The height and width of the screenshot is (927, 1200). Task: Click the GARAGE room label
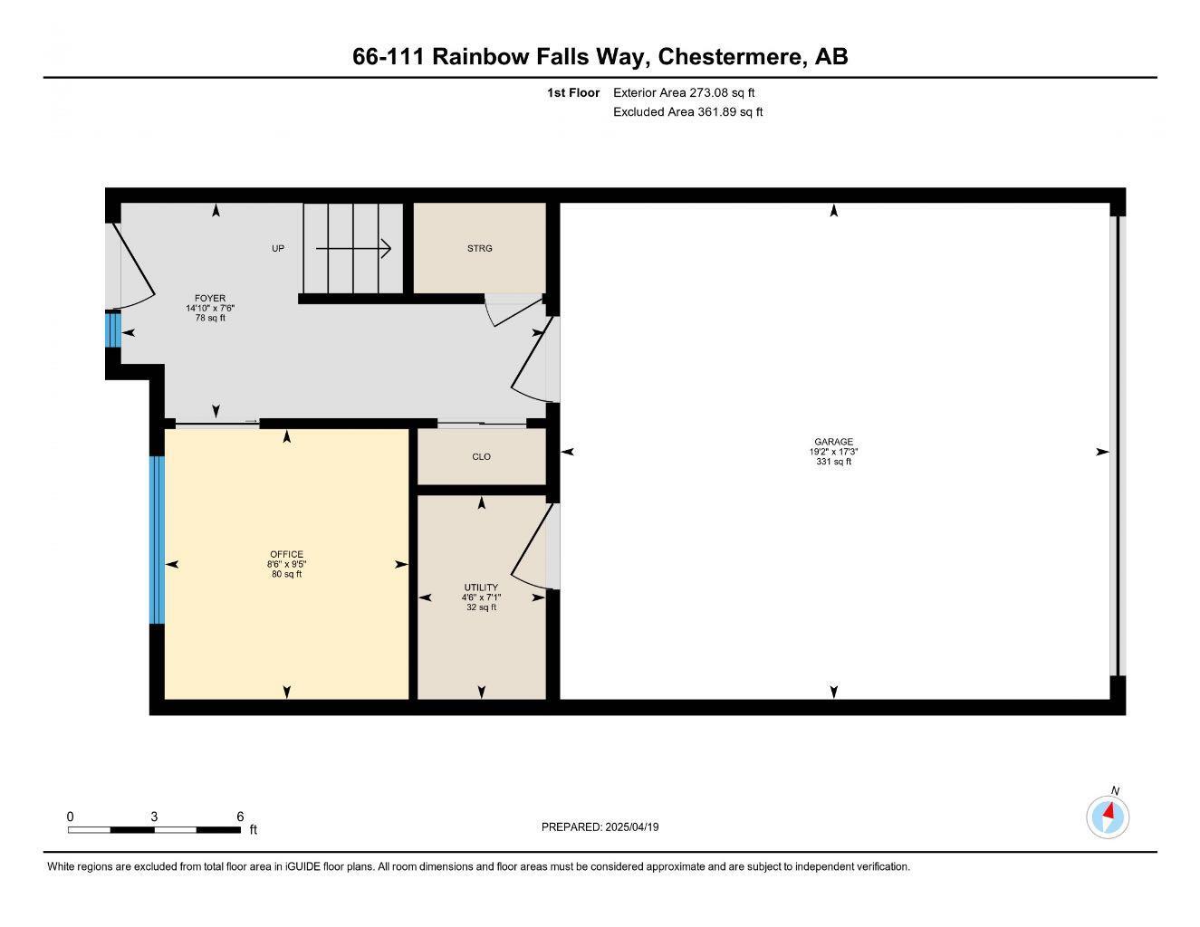833,442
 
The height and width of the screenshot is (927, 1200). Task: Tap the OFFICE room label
286,554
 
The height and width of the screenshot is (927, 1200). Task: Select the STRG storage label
479,248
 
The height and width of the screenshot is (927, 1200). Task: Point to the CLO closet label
482,457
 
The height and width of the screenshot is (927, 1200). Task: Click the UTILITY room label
481,588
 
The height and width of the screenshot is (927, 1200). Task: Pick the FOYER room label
210,298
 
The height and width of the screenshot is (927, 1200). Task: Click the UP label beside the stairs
278,248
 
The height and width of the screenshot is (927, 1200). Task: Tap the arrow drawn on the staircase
353,248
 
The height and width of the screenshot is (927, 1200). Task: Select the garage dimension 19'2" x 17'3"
833,452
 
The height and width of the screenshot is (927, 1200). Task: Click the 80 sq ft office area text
286,574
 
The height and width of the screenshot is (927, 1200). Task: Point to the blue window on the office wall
158,540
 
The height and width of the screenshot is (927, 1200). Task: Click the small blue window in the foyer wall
113,330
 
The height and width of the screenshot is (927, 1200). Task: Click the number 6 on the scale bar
240,817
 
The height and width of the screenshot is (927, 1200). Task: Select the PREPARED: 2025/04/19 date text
600,827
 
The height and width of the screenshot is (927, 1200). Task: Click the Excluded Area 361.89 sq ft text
688,112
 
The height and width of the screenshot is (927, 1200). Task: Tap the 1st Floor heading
573,92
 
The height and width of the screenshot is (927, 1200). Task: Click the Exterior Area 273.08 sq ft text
684,92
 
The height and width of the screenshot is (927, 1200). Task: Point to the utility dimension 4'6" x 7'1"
481,597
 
